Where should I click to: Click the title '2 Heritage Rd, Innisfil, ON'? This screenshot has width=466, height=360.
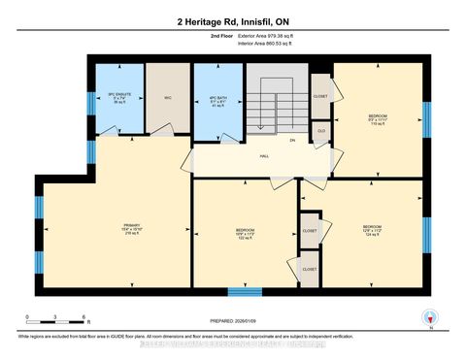click(x=233, y=21)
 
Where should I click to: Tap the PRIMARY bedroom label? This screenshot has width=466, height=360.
click(x=132, y=229)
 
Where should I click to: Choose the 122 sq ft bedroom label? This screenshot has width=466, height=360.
click(x=243, y=234)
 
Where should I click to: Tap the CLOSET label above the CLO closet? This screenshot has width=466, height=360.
click(x=320, y=96)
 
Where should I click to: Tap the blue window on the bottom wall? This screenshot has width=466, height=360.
click(x=245, y=291)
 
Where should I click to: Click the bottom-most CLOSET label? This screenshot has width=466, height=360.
click(x=310, y=269)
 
